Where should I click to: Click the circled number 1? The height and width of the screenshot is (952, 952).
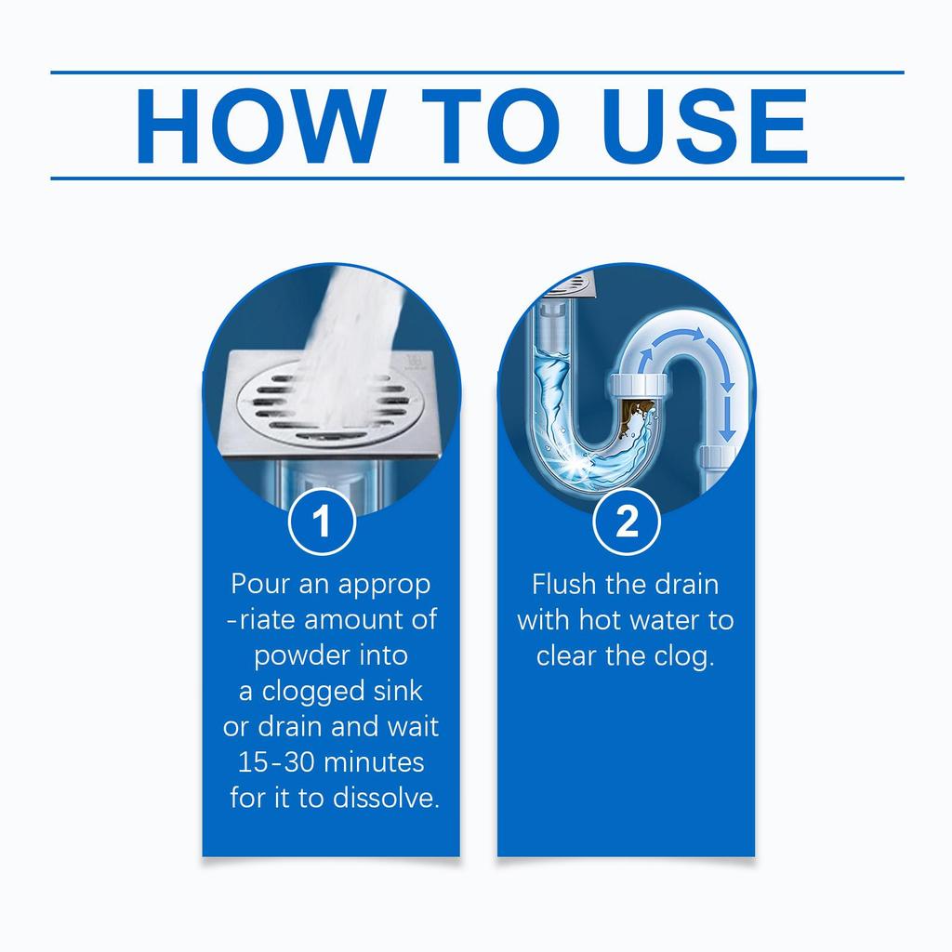pyautogui.click(x=322, y=523)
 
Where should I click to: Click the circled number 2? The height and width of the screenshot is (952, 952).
pyautogui.click(x=627, y=523)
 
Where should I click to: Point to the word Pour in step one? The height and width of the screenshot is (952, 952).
pyautogui.click(x=262, y=585)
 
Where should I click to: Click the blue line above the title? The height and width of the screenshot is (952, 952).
pyautogui.click(x=476, y=72)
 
